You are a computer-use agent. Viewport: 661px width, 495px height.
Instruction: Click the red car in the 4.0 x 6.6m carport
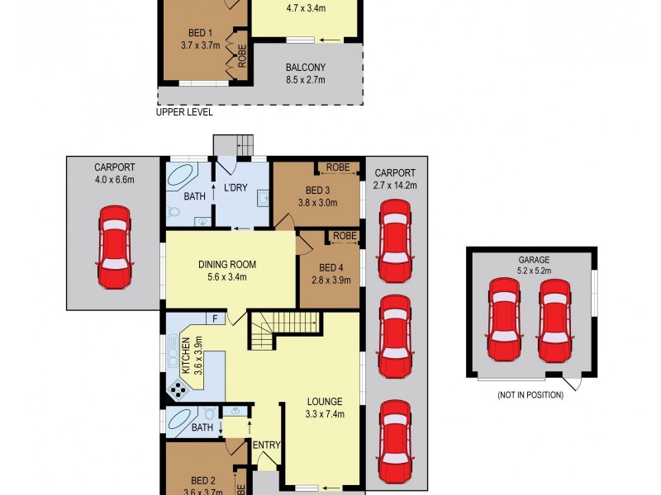pyautogui.click(x=114, y=247)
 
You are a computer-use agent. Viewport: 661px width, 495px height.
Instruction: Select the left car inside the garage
pyautogui.click(x=504, y=316)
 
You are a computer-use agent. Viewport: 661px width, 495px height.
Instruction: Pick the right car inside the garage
pyautogui.click(x=554, y=316)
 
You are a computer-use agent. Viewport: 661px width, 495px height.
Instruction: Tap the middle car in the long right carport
pyautogui.click(x=394, y=336)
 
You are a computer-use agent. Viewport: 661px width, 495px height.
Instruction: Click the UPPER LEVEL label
pyautogui.click(x=184, y=112)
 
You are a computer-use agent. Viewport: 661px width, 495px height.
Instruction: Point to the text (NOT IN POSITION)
pyautogui.click(x=530, y=395)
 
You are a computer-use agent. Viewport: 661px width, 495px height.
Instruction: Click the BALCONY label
pyautogui.click(x=306, y=68)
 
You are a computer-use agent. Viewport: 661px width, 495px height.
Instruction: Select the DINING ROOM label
pyautogui.click(x=227, y=265)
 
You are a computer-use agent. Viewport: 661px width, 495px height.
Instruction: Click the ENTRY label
pyautogui.click(x=267, y=445)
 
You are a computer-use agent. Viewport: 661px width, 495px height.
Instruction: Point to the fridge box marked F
pyautogui.click(x=215, y=318)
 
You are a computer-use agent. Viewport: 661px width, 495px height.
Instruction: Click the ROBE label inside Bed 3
pyautogui.click(x=337, y=167)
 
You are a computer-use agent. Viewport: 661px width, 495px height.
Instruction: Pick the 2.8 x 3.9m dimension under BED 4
pyautogui.click(x=330, y=280)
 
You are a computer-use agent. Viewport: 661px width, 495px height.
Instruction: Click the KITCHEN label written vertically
pyautogui.click(x=186, y=356)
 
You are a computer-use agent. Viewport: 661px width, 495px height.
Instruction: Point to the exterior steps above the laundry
pyautogui.click(x=233, y=144)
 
